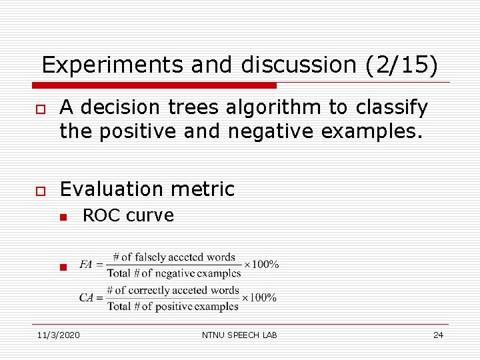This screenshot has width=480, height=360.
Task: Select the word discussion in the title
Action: pyautogui.click(x=298, y=65)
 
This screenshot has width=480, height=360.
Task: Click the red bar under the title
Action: pyautogui.click(x=155, y=85)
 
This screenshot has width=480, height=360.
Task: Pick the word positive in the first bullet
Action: pyautogui.click(x=144, y=132)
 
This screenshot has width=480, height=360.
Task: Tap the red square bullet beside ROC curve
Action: pyautogui.click(x=61, y=217)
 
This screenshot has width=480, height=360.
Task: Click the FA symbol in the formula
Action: pyautogui.click(x=85, y=265)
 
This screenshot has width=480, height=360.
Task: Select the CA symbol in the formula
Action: pyautogui.click(x=86, y=298)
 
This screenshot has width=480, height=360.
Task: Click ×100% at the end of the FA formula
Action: pyautogui.click(x=262, y=265)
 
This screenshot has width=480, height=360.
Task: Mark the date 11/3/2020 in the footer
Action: pyautogui.click(x=58, y=335)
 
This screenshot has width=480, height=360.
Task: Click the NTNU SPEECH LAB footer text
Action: pyautogui.click(x=239, y=335)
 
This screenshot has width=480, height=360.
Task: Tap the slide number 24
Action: pyautogui.click(x=438, y=335)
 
